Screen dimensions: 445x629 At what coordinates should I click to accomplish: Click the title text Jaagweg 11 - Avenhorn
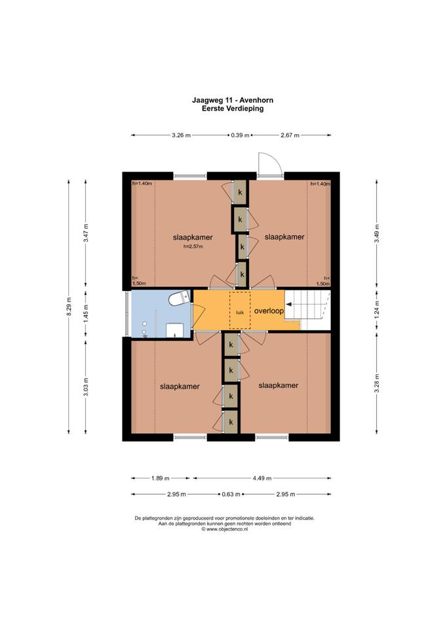pos(233,100)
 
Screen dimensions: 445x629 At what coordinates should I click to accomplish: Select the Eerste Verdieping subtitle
pos(233,108)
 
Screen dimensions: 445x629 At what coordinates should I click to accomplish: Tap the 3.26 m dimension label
pos(181,135)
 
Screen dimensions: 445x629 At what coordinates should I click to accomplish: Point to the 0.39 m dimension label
pos(240,135)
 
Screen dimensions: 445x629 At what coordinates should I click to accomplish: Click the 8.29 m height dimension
pos(69,307)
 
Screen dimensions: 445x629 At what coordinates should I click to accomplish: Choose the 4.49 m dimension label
pos(261,478)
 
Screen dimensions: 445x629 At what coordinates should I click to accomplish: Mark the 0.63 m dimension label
pos(231,494)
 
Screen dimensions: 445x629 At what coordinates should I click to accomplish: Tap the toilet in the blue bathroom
pos(179,297)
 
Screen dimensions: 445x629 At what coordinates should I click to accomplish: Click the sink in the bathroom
pos(175,330)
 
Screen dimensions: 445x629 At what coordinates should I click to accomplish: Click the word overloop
pos(269,311)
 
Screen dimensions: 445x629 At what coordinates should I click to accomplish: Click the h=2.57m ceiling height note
pos(193,247)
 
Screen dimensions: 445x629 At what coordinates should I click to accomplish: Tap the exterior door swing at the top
pos(269,164)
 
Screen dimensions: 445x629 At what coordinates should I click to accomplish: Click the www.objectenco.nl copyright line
pos(225,529)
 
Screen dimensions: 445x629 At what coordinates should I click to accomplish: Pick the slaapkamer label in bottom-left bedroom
pos(180,387)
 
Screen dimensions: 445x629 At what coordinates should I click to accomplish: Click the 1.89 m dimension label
pos(161,478)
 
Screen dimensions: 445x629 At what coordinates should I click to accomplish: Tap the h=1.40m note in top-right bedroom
pos(320,183)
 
